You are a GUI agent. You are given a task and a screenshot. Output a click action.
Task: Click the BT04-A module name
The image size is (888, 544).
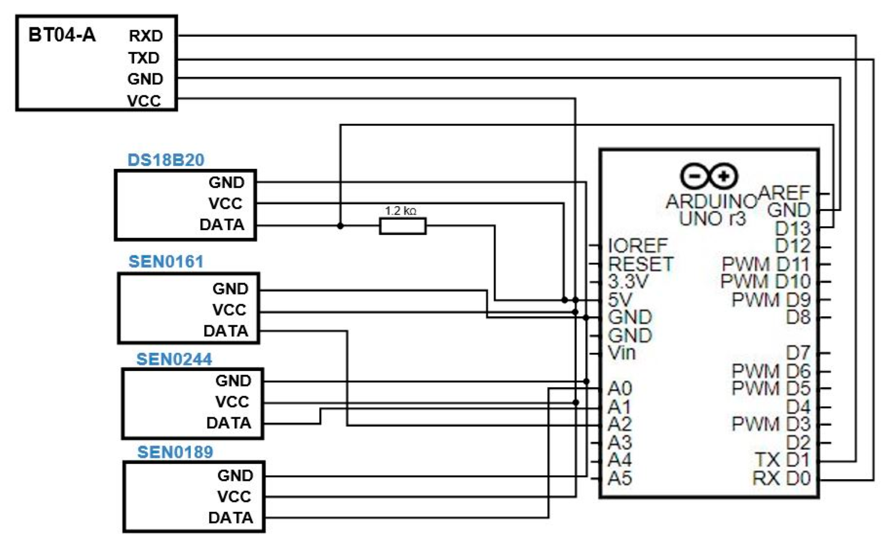(x=62, y=35)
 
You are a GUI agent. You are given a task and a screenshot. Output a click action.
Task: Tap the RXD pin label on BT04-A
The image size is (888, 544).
(x=145, y=36)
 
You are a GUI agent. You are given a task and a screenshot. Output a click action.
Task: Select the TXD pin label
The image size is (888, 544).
(x=144, y=58)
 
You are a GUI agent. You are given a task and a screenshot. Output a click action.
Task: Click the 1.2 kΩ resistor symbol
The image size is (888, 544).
(x=402, y=226)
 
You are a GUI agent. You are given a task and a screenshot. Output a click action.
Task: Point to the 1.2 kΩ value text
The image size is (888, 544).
(x=400, y=211)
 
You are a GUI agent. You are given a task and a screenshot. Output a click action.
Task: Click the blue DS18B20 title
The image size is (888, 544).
(x=165, y=160)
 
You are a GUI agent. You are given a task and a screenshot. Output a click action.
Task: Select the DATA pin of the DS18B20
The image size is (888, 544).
(x=222, y=225)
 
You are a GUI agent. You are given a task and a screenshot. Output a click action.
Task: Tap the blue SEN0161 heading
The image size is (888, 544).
(x=166, y=262)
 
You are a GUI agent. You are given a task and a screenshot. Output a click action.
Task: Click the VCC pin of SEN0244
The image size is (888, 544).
(x=232, y=402)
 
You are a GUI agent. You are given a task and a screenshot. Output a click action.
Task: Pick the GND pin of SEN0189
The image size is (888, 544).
(x=235, y=476)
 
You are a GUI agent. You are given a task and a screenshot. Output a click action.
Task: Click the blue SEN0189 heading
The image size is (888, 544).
(x=175, y=452)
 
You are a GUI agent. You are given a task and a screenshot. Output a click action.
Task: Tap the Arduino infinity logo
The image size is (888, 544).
(x=708, y=176)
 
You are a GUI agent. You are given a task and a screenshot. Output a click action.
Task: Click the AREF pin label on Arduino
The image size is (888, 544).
(x=784, y=193)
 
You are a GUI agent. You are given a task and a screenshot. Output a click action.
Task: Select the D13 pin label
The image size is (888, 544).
(x=792, y=229)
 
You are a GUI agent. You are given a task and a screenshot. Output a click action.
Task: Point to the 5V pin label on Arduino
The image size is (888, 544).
(x=620, y=300)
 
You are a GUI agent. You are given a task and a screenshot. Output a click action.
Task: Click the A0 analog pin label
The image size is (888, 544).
(x=620, y=388)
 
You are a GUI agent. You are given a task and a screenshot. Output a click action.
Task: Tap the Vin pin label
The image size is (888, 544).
(x=622, y=353)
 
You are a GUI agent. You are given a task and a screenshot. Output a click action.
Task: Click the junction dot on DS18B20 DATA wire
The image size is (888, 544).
(x=340, y=226)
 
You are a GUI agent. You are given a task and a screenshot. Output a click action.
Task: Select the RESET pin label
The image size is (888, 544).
(x=640, y=264)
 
